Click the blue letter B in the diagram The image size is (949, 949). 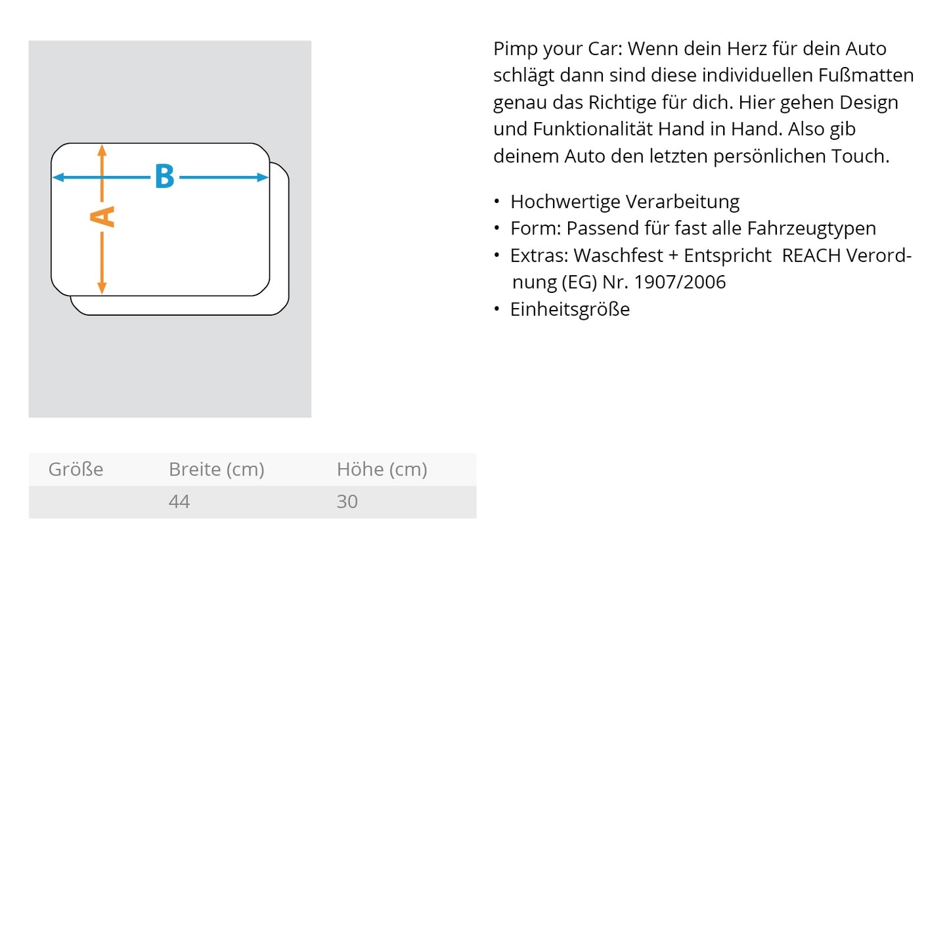164,177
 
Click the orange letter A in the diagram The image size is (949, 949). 102,217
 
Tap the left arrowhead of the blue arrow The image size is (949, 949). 57,177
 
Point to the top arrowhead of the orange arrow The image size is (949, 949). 102,150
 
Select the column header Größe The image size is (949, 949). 76,470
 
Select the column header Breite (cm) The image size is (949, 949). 216,470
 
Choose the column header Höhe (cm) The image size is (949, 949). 382,470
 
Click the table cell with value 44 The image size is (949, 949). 179,502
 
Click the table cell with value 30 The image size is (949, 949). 347,502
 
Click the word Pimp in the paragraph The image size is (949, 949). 515,49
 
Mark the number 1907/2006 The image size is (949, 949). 680,282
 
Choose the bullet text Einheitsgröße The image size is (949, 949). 569,309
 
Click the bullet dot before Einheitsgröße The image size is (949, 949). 497,309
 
